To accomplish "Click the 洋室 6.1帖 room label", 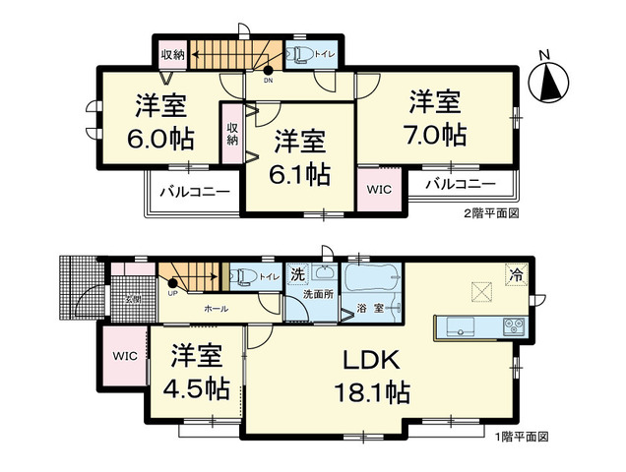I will click(301, 159).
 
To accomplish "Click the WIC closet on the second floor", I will click(379, 187).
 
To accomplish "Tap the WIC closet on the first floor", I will click(124, 355).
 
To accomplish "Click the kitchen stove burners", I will click(515, 326).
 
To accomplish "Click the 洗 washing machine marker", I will click(296, 275).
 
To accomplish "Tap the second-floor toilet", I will click(300, 53).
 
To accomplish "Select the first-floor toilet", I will click(246, 276).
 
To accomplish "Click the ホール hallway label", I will click(217, 309).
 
